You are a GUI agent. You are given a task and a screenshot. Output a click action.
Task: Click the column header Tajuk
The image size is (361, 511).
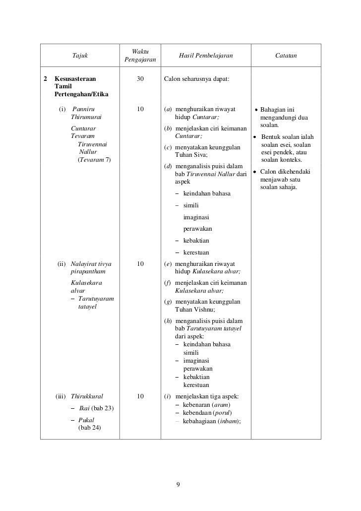point(80,56)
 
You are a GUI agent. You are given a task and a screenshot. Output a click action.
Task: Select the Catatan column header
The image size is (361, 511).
point(286,56)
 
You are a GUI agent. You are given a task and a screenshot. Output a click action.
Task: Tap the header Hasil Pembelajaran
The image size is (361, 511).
point(205,56)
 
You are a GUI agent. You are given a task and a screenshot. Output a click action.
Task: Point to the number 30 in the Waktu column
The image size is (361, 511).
point(140,78)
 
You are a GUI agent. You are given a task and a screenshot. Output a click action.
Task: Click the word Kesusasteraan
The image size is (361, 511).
point(75,78)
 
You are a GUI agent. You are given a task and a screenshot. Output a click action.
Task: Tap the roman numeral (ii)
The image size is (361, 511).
point(62,264)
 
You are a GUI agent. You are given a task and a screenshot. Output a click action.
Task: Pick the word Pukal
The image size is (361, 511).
point(86,420)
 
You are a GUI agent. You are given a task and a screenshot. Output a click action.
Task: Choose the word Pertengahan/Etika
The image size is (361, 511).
point(81,94)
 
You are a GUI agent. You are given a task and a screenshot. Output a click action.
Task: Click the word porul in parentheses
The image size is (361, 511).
point(223,413)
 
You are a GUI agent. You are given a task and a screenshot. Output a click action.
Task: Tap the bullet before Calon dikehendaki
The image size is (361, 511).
point(254,172)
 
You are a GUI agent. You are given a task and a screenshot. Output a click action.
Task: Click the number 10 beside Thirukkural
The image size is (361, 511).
point(140,396)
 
